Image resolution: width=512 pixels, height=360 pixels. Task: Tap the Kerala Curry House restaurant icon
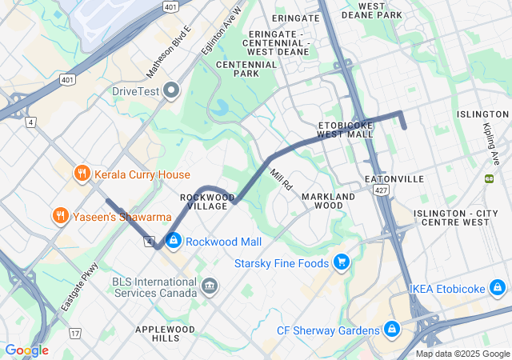[x=81, y=174]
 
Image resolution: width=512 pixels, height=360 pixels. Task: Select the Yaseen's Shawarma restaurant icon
[x=60, y=216]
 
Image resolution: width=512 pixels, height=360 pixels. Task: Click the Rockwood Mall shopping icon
[x=173, y=241]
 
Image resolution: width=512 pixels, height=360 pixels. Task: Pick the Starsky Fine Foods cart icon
[x=342, y=262]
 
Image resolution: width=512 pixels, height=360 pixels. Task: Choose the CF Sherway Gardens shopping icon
[x=391, y=330]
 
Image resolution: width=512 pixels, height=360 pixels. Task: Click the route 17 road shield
[x=75, y=333]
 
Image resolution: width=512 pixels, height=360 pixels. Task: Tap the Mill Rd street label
[x=282, y=178]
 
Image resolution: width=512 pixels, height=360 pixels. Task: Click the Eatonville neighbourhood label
[x=394, y=178]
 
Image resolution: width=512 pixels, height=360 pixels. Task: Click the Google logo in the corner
[x=26, y=350]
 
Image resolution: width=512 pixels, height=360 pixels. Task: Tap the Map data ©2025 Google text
[x=462, y=354]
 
